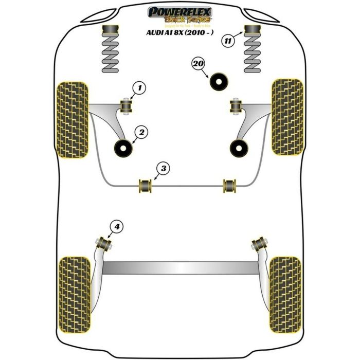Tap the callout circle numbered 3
click(162, 168)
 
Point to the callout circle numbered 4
click(117, 226)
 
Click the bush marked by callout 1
click(125, 105)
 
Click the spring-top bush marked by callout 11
click(253, 31)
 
